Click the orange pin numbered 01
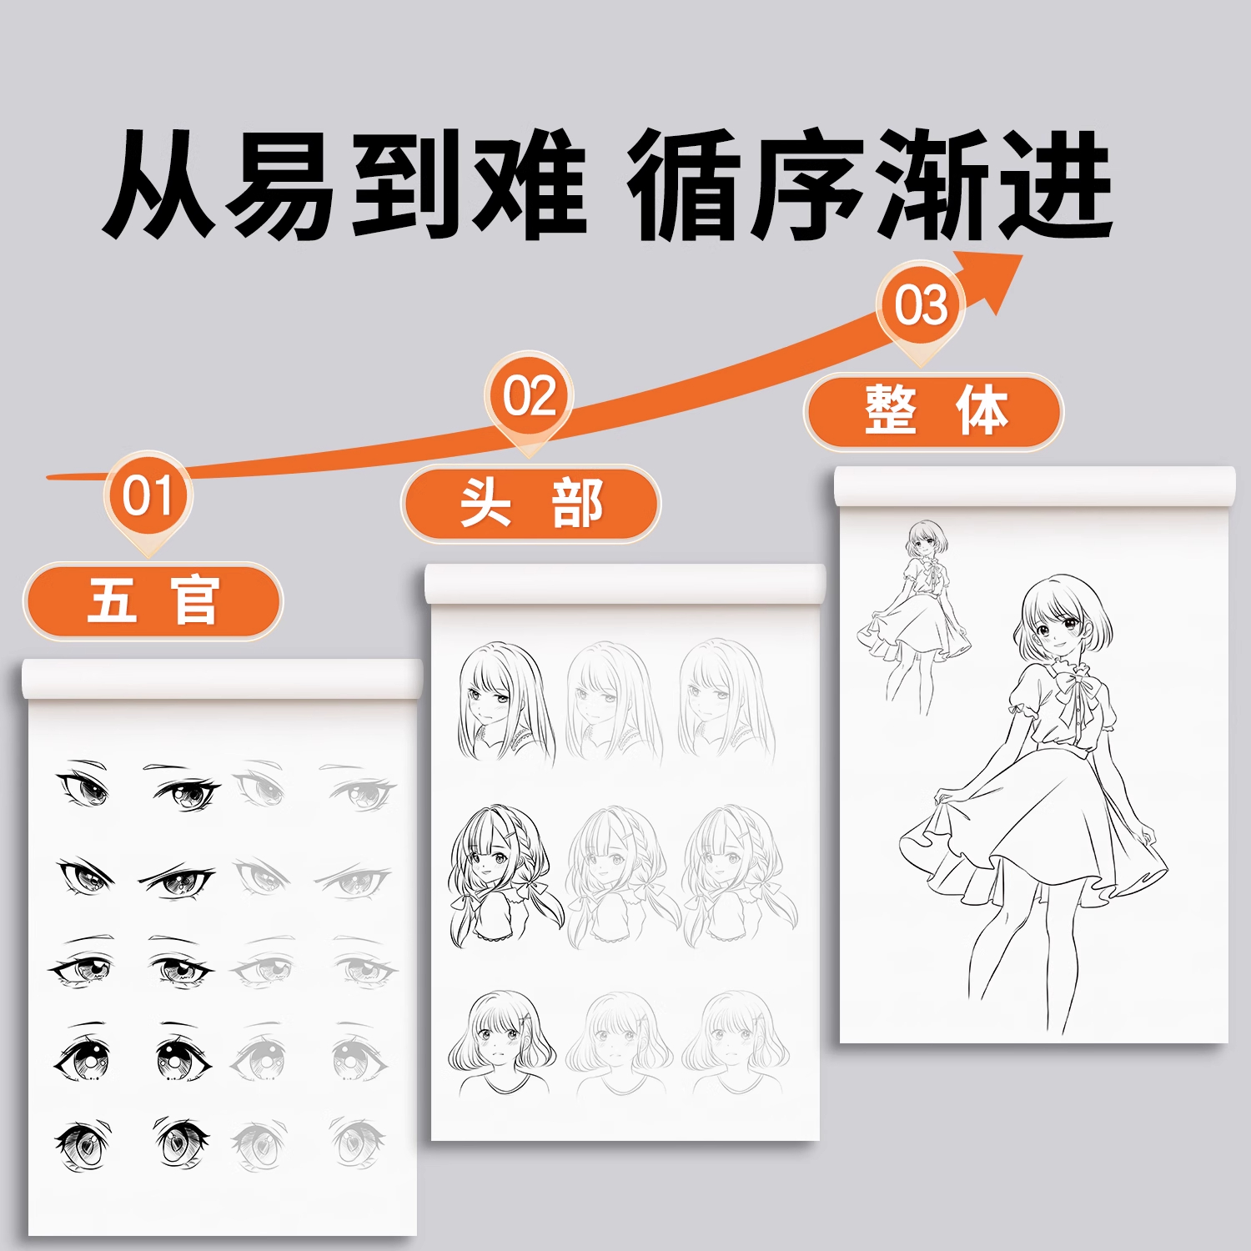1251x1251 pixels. (x=148, y=496)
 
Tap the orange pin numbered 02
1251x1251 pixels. (x=530, y=396)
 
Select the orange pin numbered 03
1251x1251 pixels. (x=921, y=305)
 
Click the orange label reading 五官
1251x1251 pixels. (x=153, y=600)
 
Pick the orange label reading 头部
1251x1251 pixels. (x=530, y=504)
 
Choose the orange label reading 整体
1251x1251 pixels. (x=934, y=411)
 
